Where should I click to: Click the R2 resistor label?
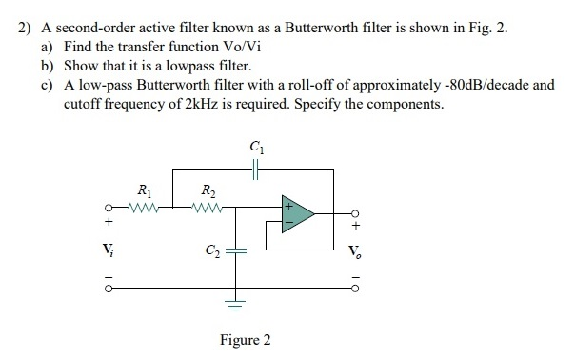pos(203,190)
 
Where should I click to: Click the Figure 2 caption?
pos(245,340)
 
